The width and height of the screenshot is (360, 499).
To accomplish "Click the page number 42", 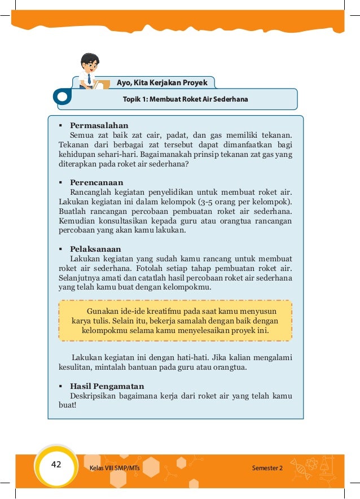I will tap(56, 465).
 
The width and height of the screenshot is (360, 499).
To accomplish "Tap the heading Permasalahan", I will tap(99, 125).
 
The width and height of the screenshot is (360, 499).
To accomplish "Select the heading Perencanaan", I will tap(96, 182).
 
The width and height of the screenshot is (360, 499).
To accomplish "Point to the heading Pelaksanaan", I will tap(95, 249).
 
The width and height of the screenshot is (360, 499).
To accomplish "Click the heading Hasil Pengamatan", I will tap(107, 386).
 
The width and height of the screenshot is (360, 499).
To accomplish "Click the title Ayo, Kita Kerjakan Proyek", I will tap(162, 83).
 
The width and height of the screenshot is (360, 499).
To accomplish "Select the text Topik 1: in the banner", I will tap(135, 99).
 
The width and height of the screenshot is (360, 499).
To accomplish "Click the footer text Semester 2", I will tap(267, 469).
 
